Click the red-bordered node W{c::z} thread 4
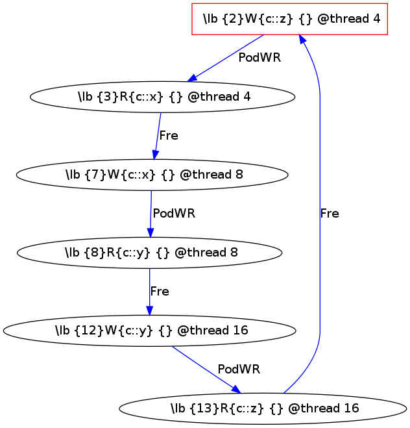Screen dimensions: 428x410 click(x=290, y=19)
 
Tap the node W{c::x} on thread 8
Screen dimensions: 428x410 click(x=151, y=175)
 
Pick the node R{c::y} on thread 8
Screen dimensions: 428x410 click(x=150, y=253)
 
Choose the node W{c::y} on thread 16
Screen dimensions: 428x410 click(x=150, y=331)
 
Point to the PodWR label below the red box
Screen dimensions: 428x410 click(x=259, y=58)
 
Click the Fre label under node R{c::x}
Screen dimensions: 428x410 click(x=169, y=136)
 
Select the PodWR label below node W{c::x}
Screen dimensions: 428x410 click(x=173, y=213)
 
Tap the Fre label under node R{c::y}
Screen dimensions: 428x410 click(x=160, y=292)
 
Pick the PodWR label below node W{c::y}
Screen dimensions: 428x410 click(x=239, y=370)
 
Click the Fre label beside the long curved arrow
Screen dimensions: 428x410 click(x=330, y=213)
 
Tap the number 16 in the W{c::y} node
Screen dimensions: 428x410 click(x=240, y=331)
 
